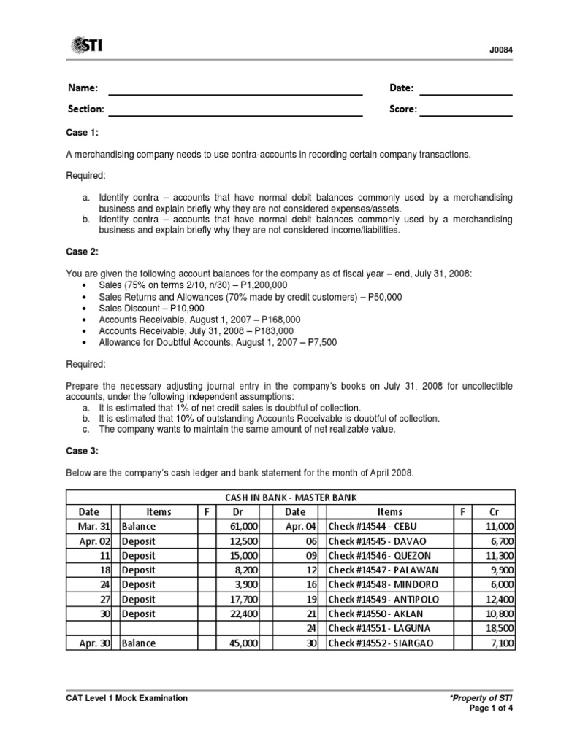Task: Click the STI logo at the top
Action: [85, 47]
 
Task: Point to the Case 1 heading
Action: [82, 133]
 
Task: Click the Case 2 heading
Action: [82, 252]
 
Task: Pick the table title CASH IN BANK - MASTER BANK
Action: [291, 498]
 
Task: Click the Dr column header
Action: [238, 512]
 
